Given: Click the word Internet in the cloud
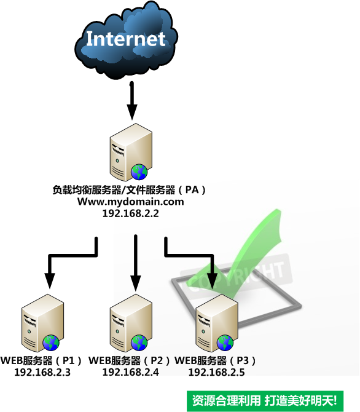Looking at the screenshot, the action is pyautogui.click(x=126, y=39).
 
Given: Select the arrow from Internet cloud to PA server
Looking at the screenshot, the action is pyautogui.click(x=132, y=101).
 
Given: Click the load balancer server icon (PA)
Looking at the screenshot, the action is pyautogui.click(x=131, y=152).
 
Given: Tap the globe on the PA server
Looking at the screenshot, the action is pyautogui.click(x=139, y=172).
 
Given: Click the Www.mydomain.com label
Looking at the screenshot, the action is pyautogui.click(x=130, y=202).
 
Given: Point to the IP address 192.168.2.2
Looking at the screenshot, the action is pyautogui.click(x=130, y=213).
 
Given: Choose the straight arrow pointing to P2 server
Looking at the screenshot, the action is pyautogui.click(x=136, y=263).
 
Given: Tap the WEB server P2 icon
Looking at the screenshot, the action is pyautogui.click(x=131, y=323).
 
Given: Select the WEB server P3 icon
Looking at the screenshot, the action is pyautogui.click(x=217, y=323).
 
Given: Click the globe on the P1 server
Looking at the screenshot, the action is pyautogui.click(x=51, y=343).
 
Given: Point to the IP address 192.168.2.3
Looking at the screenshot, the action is pyautogui.click(x=42, y=372).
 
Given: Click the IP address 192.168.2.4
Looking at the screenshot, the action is pyautogui.click(x=130, y=372).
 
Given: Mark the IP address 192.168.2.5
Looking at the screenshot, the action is pyautogui.click(x=217, y=372).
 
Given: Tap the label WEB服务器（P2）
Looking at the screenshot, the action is pyautogui.click(x=129, y=360).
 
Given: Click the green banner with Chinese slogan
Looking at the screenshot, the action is pyautogui.click(x=265, y=400).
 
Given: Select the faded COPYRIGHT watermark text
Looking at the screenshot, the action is pyautogui.click(x=237, y=276).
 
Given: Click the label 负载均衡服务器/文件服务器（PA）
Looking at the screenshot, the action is pyautogui.click(x=129, y=190).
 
